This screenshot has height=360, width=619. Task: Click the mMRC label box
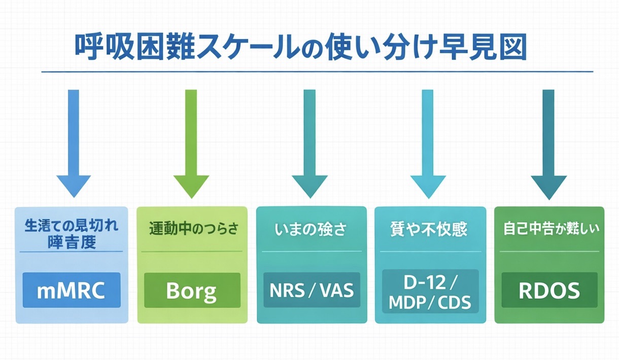(72, 290)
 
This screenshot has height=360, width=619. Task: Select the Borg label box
(192, 290)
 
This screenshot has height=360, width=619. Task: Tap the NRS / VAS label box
(311, 290)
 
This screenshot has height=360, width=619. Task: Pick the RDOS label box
(549, 290)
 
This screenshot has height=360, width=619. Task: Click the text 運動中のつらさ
(193, 229)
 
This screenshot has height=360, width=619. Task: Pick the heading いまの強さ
(311, 230)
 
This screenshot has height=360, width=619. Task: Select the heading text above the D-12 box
(430, 230)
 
